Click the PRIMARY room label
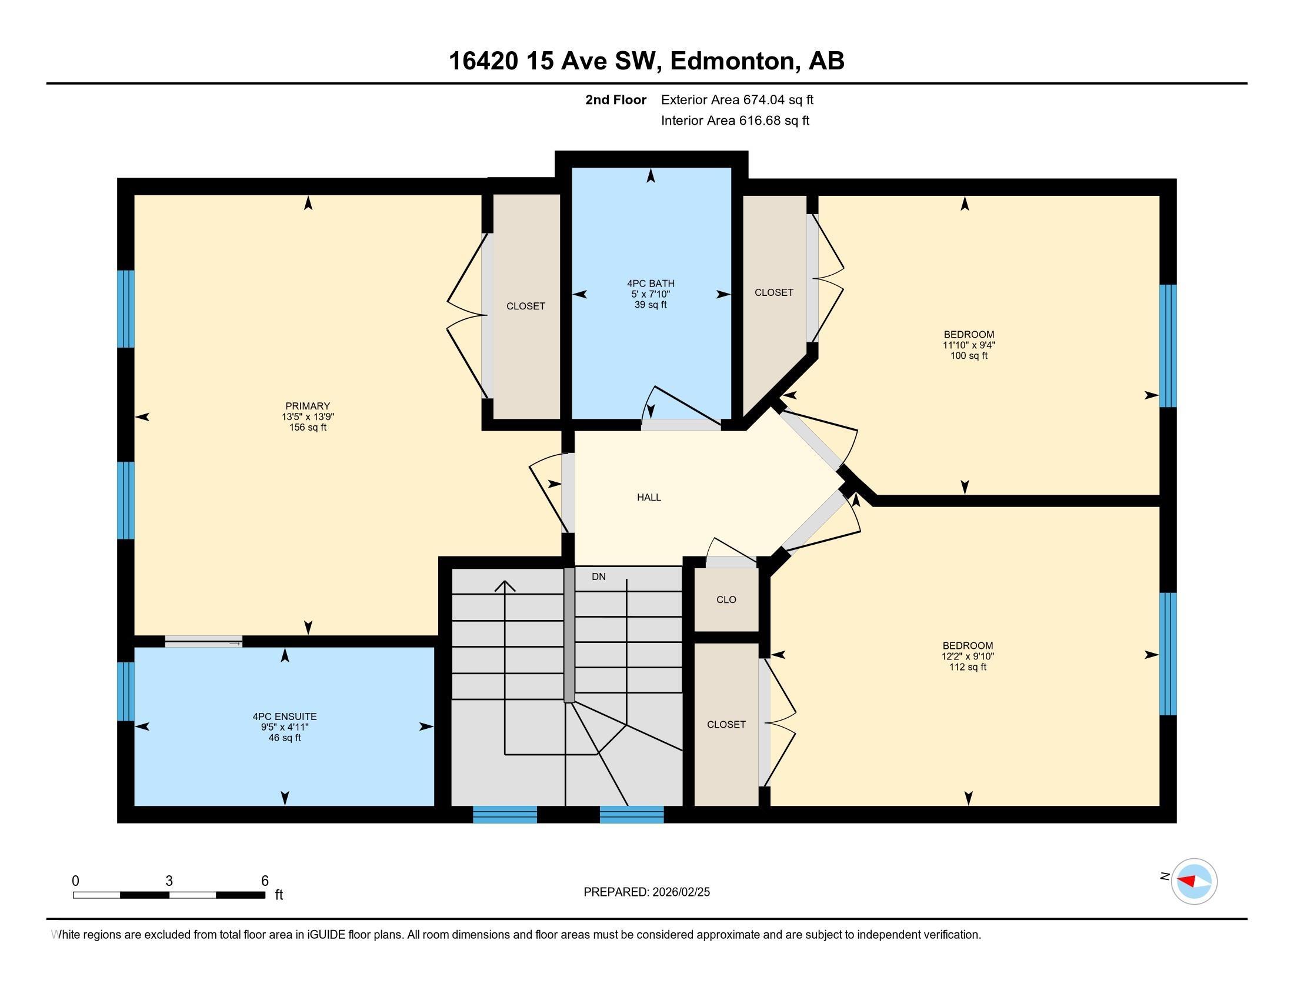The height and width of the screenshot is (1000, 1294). pos(307,406)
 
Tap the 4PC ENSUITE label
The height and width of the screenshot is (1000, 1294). pos(285,716)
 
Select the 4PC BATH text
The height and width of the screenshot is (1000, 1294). pos(651,283)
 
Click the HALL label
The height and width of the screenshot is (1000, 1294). pos(649,497)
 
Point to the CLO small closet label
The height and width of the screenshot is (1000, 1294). pos(726,599)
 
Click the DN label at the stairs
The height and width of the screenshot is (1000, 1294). pos(598,576)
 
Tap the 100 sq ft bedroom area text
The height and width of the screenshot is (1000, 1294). pos(969,355)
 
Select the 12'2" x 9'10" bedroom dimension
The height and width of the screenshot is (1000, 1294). pos(968,656)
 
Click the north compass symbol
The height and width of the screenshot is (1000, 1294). pos(1194,882)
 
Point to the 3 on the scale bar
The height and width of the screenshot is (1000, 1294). pos(169,881)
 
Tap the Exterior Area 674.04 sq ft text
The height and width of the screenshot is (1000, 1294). pos(737,99)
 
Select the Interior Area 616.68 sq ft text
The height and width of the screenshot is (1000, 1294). pos(735,120)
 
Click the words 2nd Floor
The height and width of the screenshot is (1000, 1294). pos(615,99)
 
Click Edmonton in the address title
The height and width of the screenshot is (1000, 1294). pos(732,61)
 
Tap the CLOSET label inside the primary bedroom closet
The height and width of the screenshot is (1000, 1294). pos(525,306)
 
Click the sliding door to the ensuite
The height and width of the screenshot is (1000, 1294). pos(204,641)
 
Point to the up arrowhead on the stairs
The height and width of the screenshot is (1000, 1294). pos(505,586)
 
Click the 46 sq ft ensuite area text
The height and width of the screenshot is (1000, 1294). pos(285,738)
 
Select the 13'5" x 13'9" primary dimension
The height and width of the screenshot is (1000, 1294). pos(307,416)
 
